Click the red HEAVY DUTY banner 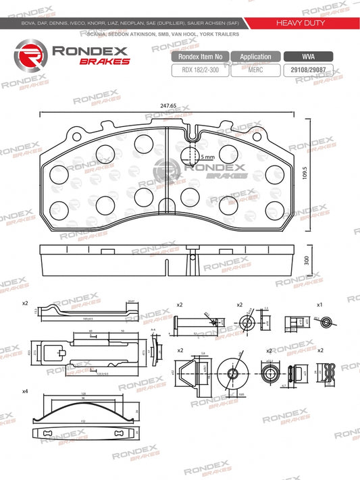click(301, 23)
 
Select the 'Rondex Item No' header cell click(201, 57)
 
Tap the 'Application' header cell click(255, 57)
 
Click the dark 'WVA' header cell click(308, 57)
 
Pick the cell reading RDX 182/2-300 click(201, 70)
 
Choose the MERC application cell click(255, 70)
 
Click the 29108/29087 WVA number click(308, 70)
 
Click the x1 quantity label click(319, 305)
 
